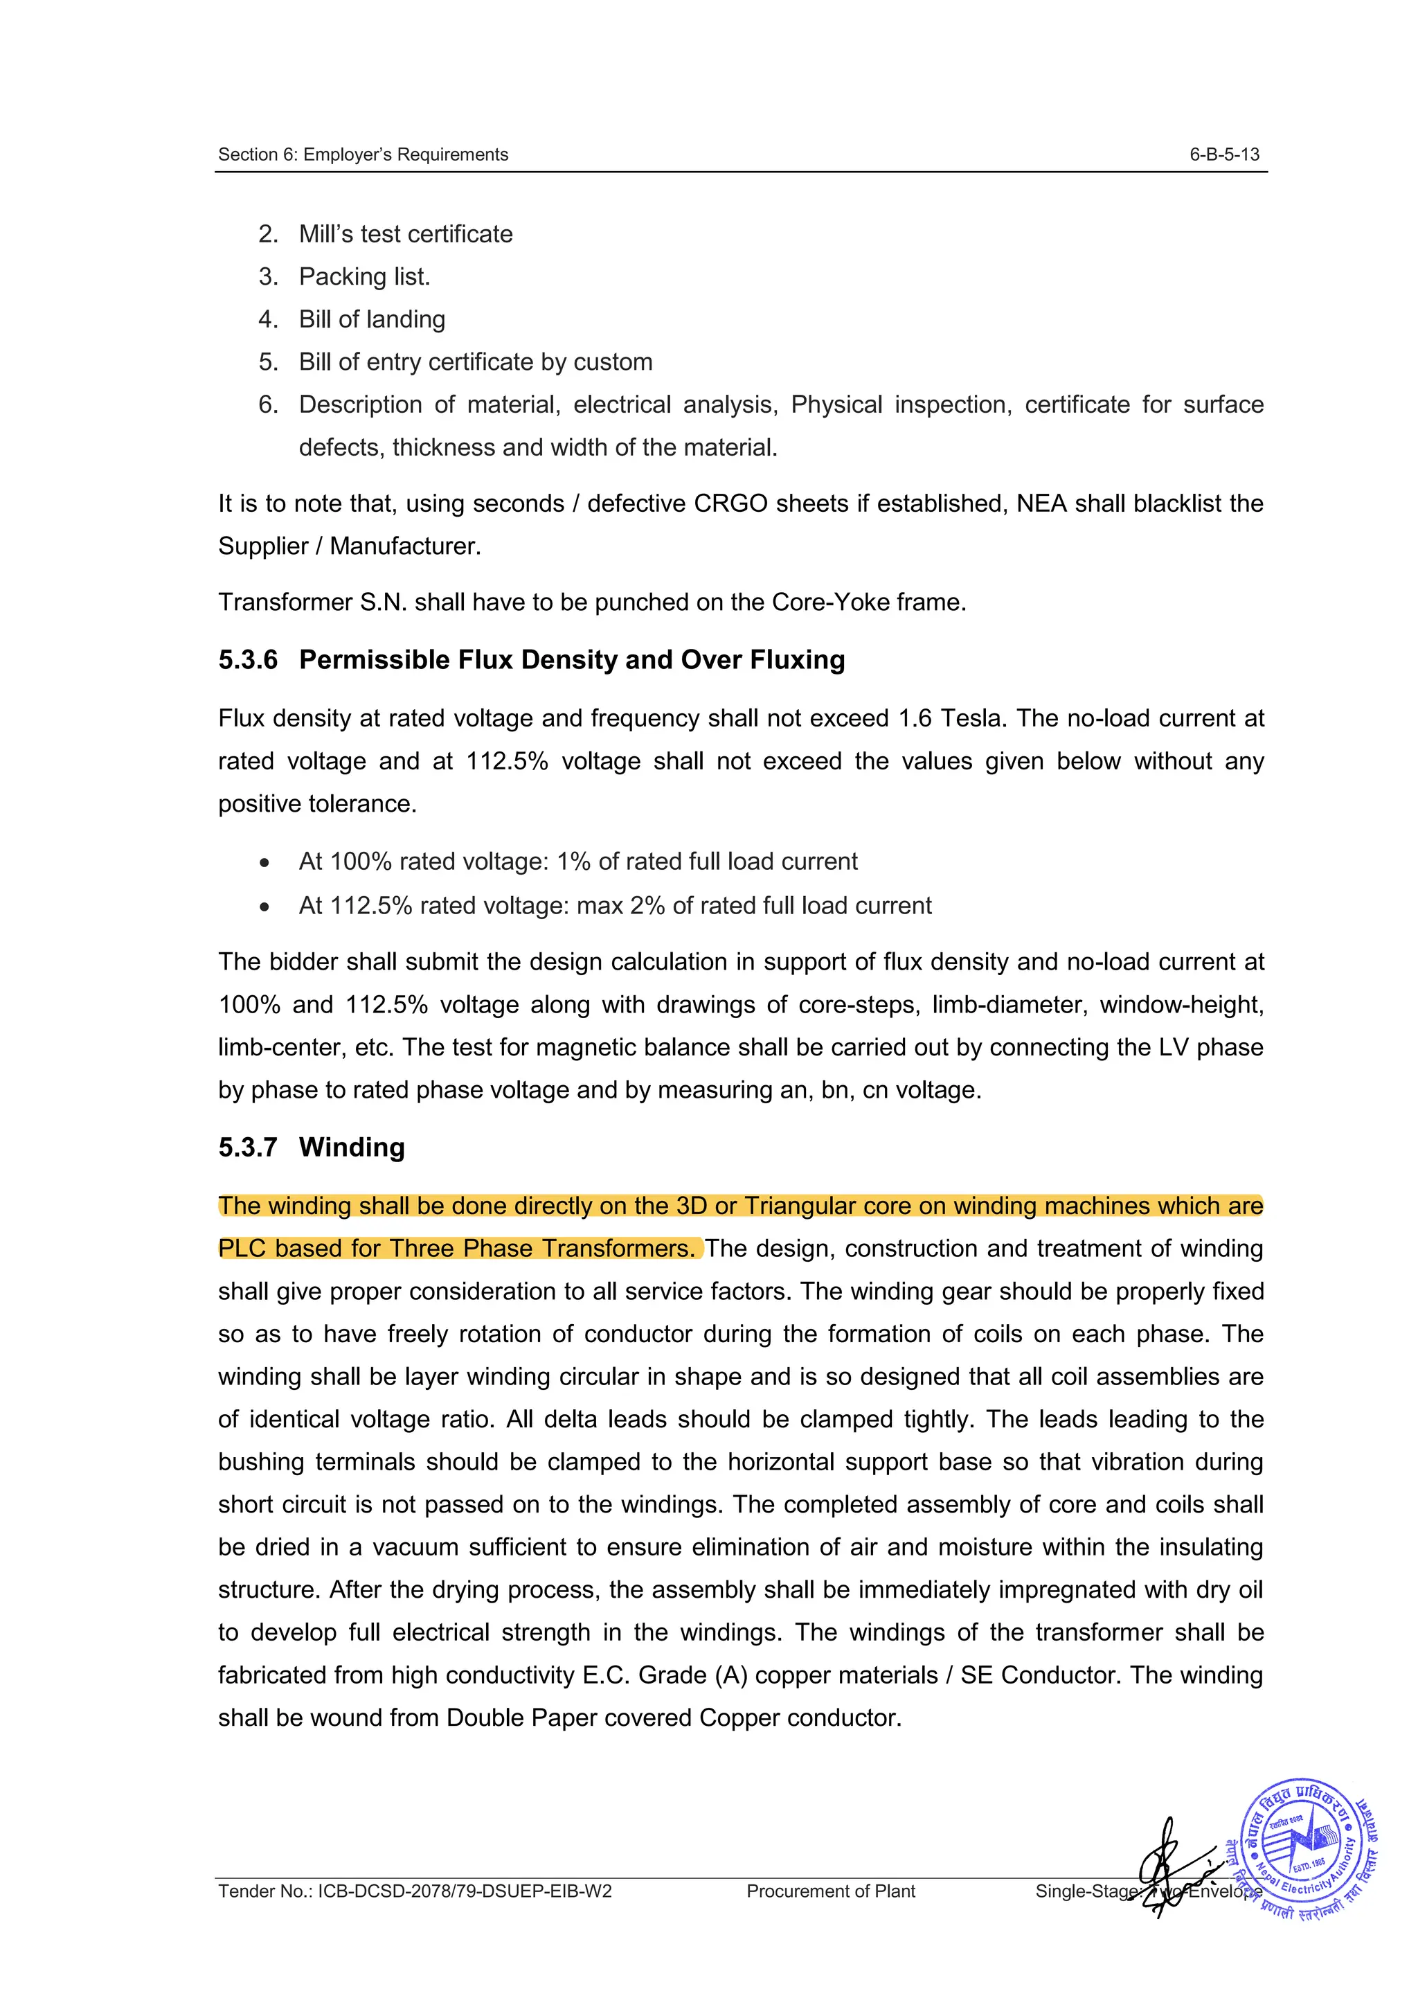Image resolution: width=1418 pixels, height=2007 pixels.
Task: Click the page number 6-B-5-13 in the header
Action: coord(1223,154)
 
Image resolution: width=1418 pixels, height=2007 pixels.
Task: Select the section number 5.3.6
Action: coord(247,660)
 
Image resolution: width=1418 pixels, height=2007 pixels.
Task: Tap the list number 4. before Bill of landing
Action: coord(267,319)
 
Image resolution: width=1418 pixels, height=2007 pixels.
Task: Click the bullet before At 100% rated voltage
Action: coord(264,863)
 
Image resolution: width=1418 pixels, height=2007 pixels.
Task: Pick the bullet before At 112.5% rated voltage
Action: coord(264,907)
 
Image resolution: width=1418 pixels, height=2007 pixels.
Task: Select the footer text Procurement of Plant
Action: coord(830,1891)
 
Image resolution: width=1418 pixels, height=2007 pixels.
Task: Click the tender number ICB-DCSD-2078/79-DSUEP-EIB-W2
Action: coord(464,1891)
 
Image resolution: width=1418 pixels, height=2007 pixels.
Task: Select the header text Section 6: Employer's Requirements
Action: coord(363,154)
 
